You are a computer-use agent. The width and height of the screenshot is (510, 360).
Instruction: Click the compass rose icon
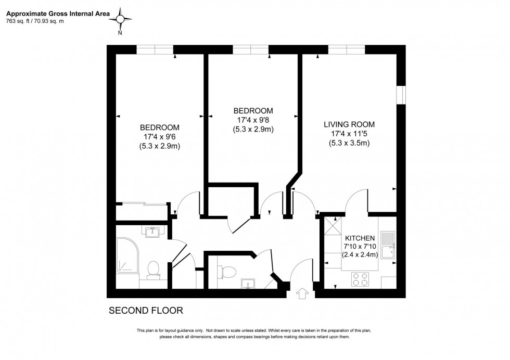120,20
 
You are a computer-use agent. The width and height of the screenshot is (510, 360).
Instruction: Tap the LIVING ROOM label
349,125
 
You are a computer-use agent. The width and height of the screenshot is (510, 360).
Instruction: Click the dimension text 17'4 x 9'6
160,137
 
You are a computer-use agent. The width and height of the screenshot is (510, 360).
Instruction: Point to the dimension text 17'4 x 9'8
253,120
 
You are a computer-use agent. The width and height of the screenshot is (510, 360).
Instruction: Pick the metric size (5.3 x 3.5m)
349,144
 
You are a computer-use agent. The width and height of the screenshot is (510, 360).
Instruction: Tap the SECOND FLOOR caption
146,311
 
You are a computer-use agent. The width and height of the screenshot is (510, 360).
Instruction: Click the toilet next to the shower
154,270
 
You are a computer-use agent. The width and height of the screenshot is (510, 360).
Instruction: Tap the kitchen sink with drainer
388,246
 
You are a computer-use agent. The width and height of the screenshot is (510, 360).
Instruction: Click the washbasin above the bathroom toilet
153,232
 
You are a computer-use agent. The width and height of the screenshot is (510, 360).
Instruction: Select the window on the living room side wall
400,95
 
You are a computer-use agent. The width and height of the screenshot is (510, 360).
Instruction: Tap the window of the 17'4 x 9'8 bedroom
251,49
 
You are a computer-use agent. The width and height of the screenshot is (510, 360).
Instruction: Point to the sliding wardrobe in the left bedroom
141,204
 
